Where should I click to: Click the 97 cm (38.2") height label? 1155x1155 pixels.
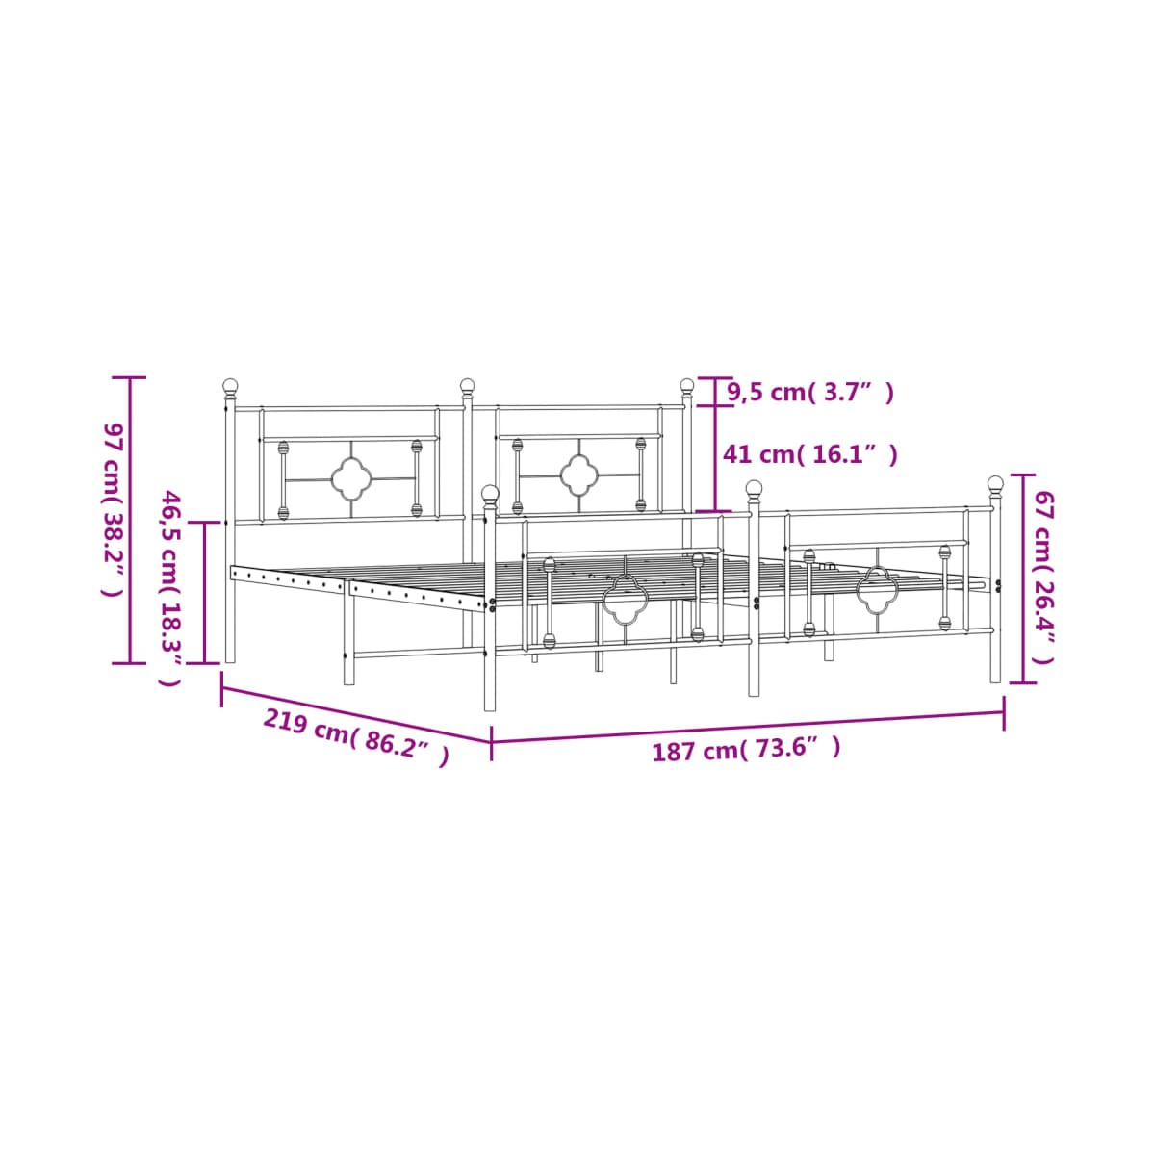[x=114, y=509]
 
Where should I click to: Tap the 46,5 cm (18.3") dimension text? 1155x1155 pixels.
[x=169, y=588]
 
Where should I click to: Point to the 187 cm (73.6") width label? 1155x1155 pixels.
[x=746, y=750]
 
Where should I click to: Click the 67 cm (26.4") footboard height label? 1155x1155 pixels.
[x=1044, y=577]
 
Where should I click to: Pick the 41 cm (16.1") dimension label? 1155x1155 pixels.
[x=810, y=455]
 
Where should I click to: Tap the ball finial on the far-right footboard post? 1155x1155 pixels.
[x=995, y=484]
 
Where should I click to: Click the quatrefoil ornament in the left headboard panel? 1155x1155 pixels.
[x=351, y=479]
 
